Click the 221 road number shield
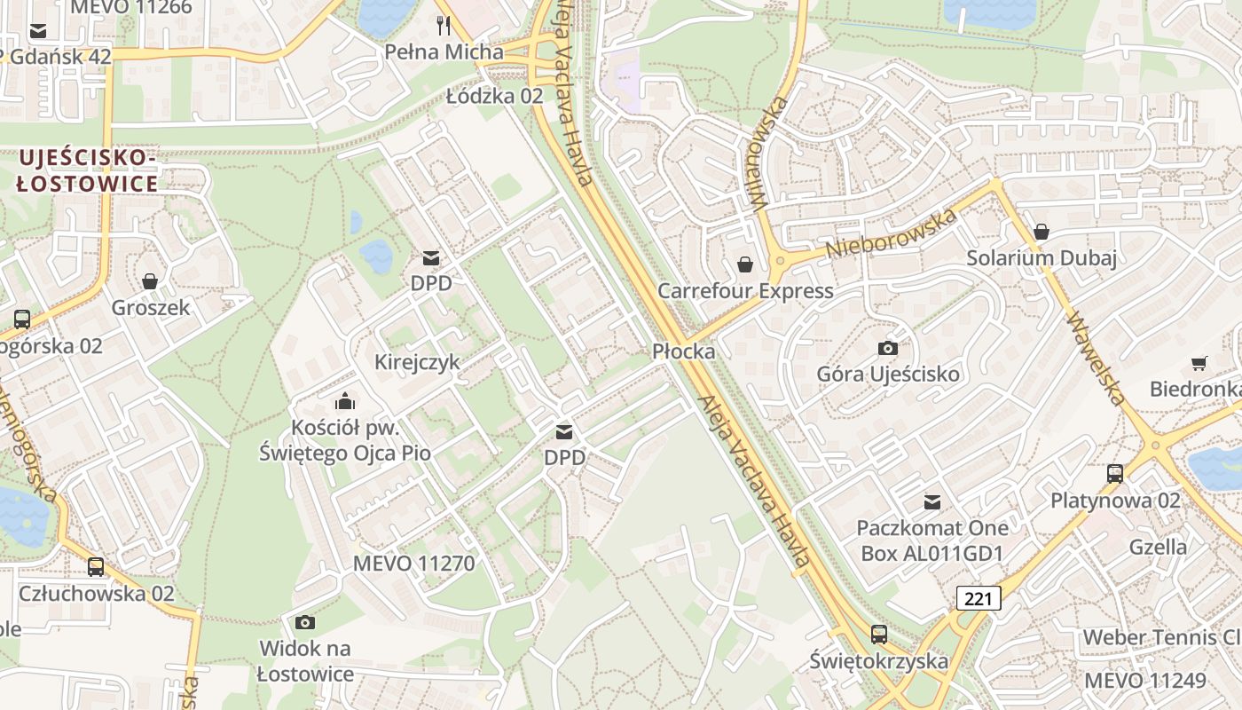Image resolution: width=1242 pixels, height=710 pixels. pos(979,598)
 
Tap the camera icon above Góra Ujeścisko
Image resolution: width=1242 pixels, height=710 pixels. pos(887,348)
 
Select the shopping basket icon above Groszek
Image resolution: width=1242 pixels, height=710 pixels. pos(150,281)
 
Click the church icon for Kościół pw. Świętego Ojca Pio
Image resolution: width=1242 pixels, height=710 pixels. pos(345,401)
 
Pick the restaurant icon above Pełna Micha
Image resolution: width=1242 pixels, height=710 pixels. pos(444,25)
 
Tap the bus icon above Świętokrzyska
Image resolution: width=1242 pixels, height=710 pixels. pos(878,635)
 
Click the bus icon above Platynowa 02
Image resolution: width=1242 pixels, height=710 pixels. pos(1115,474)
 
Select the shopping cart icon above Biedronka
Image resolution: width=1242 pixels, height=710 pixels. pos(1199,363)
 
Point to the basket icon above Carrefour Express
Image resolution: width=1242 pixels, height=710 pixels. pos(745,264)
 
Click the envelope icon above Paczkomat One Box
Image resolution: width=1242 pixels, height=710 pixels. pos(931,502)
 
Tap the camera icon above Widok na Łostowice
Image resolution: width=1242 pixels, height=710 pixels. pos(305,622)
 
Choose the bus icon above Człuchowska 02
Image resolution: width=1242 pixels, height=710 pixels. pos(96,566)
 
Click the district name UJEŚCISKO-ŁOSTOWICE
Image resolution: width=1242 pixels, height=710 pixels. pos(87,171)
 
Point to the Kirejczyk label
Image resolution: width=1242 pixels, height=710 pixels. pos(417,362)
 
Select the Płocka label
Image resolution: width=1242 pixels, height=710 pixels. pos(683,351)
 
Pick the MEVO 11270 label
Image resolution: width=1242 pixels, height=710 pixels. pos(413,564)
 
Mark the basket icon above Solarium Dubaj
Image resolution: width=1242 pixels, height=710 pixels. pos(1042,232)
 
